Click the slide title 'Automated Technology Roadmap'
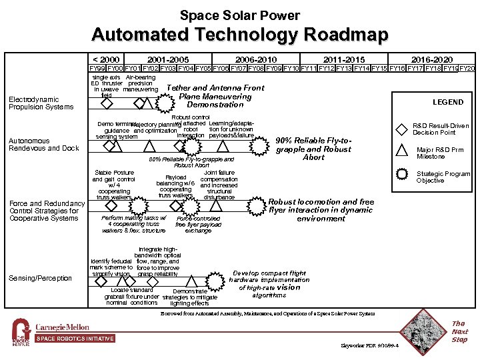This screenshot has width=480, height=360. point(240,35)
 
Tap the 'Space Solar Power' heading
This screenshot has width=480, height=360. point(240,15)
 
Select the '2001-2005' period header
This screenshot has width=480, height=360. point(167,59)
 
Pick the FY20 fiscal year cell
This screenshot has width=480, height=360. point(468,68)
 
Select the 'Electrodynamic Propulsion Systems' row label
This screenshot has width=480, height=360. point(41,103)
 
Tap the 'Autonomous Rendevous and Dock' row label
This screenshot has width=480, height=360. point(43,144)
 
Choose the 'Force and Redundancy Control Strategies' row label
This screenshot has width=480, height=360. point(46,211)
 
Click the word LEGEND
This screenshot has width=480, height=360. point(447,102)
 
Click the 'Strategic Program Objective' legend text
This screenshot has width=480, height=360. point(443,177)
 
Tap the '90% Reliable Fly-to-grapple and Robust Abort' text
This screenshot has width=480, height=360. point(313,149)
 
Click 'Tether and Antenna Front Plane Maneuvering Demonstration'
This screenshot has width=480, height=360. point(215,96)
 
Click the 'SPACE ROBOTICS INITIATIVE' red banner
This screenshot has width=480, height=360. point(75,339)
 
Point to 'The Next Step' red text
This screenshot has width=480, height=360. point(460,331)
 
